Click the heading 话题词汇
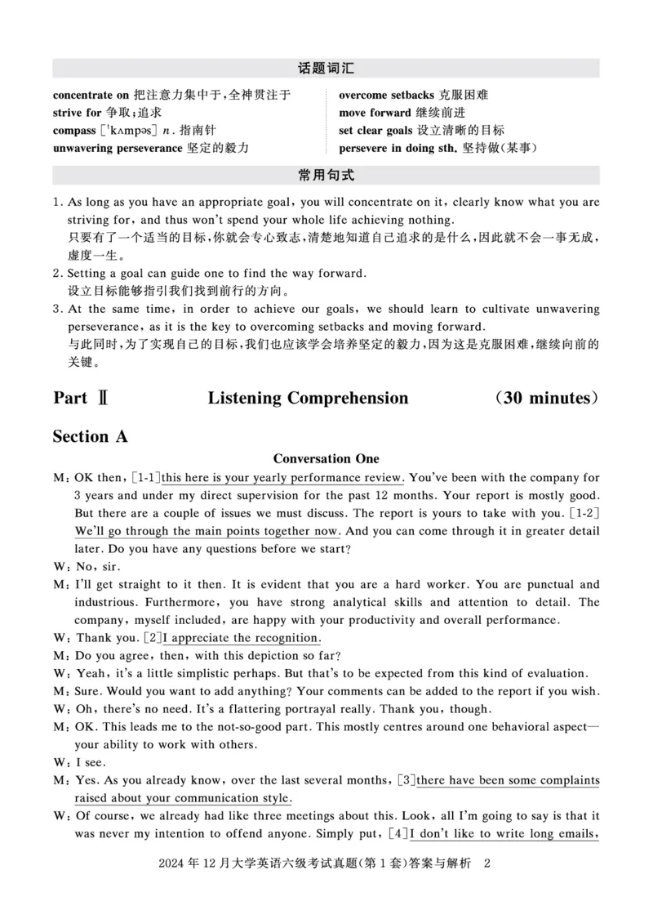coord(326,69)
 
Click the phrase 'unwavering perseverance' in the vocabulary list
coord(118,148)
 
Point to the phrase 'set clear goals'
coord(375,130)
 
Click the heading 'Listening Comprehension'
coord(308,398)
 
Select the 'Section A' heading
coord(91,436)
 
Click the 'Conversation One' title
coord(326,458)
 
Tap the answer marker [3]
coord(406,781)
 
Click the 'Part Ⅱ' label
coord(81,398)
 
